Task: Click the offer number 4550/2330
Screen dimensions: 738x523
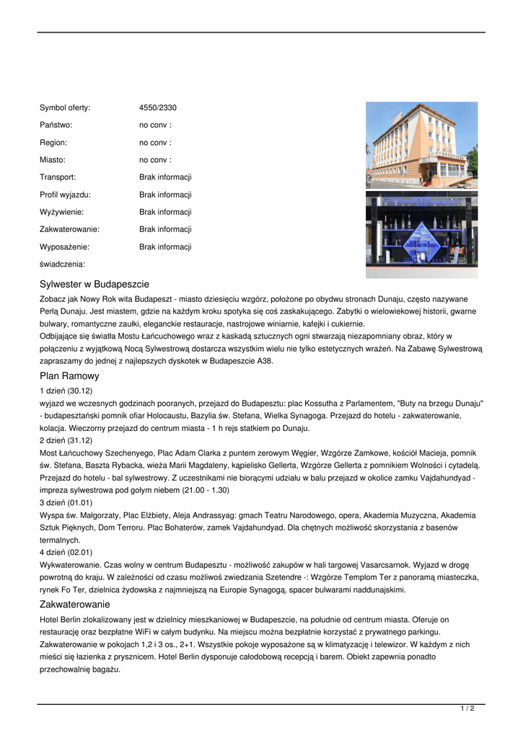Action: (x=158, y=108)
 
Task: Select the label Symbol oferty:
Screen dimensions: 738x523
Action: (x=65, y=108)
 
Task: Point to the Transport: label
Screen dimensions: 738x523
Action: (x=58, y=177)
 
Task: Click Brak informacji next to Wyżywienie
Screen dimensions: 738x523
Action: (x=165, y=212)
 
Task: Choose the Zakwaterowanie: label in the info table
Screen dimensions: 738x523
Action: (x=69, y=229)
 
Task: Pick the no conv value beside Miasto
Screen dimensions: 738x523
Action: (x=155, y=160)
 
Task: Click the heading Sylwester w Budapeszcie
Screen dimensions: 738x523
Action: (x=95, y=284)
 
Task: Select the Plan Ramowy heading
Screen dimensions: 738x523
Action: (x=69, y=376)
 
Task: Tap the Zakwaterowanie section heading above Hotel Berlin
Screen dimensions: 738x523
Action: (x=75, y=604)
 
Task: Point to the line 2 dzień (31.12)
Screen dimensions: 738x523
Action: (x=66, y=440)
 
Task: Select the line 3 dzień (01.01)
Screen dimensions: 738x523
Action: (x=66, y=502)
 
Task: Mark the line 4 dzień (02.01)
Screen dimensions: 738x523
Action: (x=66, y=552)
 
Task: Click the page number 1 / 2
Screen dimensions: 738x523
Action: (x=467, y=709)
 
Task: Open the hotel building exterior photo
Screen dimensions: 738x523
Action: (x=421, y=144)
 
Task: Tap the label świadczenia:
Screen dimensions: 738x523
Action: (x=62, y=264)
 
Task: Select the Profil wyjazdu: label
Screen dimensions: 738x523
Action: (x=65, y=195)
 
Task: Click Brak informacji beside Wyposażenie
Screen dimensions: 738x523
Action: (x=165, y=246)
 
